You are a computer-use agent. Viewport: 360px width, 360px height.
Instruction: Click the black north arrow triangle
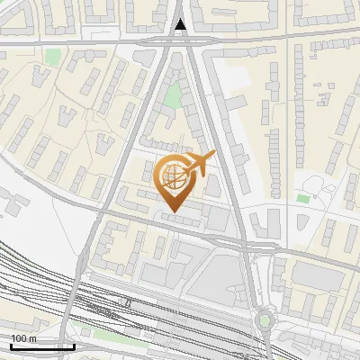(x=181, y=25)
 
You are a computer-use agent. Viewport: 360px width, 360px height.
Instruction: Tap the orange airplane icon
(x=197, y=164)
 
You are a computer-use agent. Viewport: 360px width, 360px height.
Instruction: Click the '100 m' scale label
(x=22, y=337)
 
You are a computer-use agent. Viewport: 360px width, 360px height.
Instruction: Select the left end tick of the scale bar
(x=10, y=345)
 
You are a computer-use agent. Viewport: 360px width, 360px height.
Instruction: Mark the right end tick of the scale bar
(x=74, y=345)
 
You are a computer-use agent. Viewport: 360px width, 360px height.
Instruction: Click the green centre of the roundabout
(x=264, y=319)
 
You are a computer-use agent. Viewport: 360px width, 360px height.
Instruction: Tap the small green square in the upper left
(x=54, y=57)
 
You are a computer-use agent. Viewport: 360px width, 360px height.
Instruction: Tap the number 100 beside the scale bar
(x=18, y=337)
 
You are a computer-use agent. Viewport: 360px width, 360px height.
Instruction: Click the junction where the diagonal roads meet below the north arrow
(x=181, y=41)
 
